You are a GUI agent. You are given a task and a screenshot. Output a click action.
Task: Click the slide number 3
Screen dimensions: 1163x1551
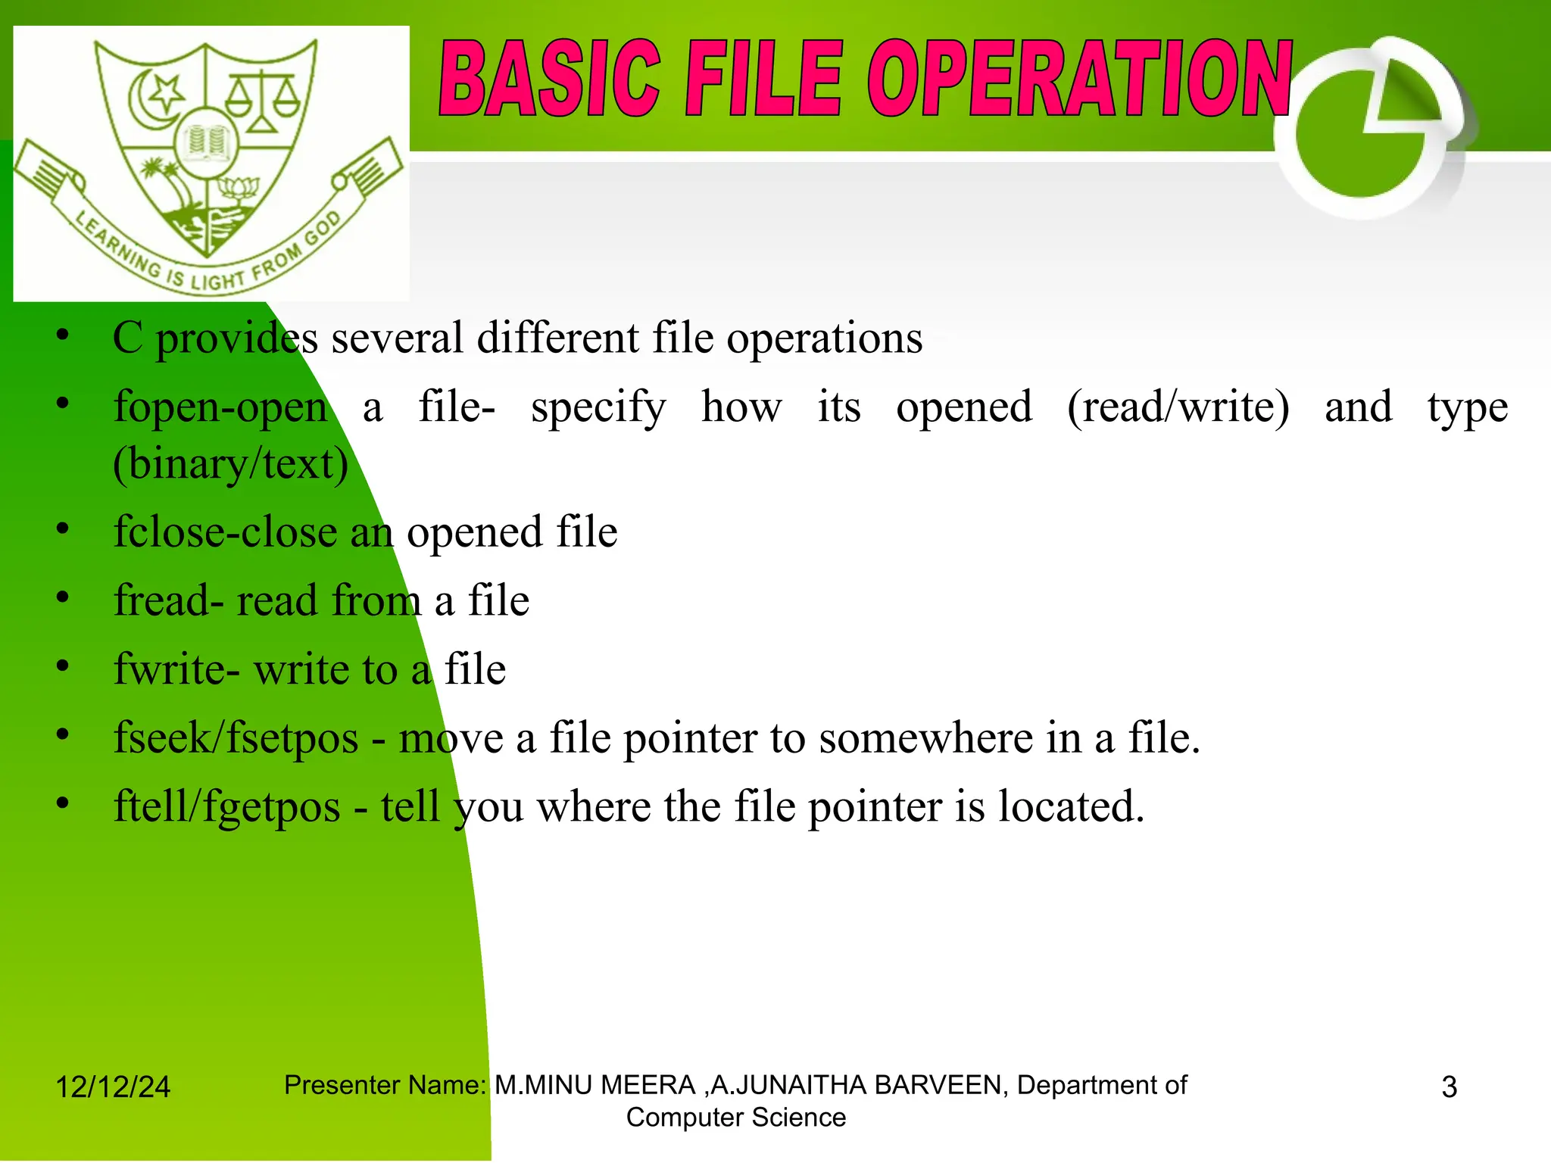[x=1449, y=1087]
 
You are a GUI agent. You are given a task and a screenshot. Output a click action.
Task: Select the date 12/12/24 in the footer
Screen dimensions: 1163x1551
[x=113, y=1087]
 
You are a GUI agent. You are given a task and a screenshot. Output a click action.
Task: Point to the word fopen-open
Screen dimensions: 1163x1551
[x=220, y=407]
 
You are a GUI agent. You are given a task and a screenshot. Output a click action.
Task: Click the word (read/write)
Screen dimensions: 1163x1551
[x=1178, y=407]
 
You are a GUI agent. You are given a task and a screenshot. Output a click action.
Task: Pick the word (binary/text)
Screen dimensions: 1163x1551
[x=231, y=464]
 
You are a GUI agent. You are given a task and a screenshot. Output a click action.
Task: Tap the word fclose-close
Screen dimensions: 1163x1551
[x=225, y=532]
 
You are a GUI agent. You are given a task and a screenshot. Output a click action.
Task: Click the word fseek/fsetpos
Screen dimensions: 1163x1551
[x=236, y=738]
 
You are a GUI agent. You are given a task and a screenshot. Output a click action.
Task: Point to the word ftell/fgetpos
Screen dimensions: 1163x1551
[x=226, y=807]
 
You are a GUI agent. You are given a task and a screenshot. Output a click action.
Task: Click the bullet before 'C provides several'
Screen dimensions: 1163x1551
[x=63, y=334]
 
